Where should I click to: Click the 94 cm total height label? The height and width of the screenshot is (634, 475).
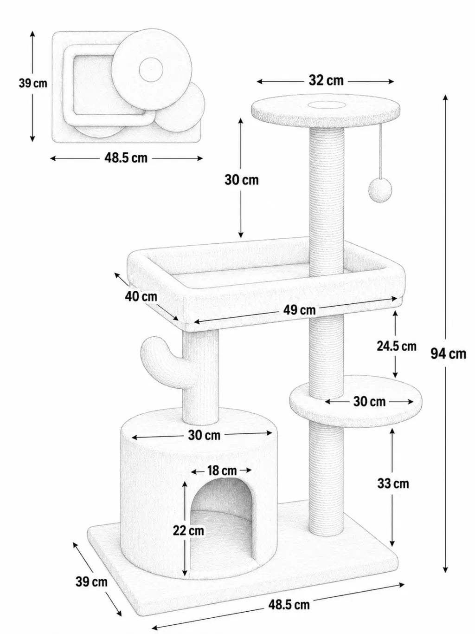(x=448, y=353)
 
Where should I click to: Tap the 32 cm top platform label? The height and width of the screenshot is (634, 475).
(x=326, y=80)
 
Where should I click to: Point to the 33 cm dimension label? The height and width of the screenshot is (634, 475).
(x=393, y=484)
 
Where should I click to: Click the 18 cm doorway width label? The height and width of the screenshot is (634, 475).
(x=222, y=471)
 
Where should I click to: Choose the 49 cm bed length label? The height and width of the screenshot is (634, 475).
(x=299, y=310)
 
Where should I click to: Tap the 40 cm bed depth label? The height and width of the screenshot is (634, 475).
(x=141, y=296)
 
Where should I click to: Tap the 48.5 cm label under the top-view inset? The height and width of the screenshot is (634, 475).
(x=126, y=158)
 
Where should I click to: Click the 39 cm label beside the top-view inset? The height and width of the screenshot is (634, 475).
(x=33, y=84)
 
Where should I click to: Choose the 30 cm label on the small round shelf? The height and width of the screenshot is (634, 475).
(x=369, y=401)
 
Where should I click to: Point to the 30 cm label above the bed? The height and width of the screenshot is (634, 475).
(x=242, y=180)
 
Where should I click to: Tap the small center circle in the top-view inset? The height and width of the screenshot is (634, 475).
(x=151, y=69)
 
